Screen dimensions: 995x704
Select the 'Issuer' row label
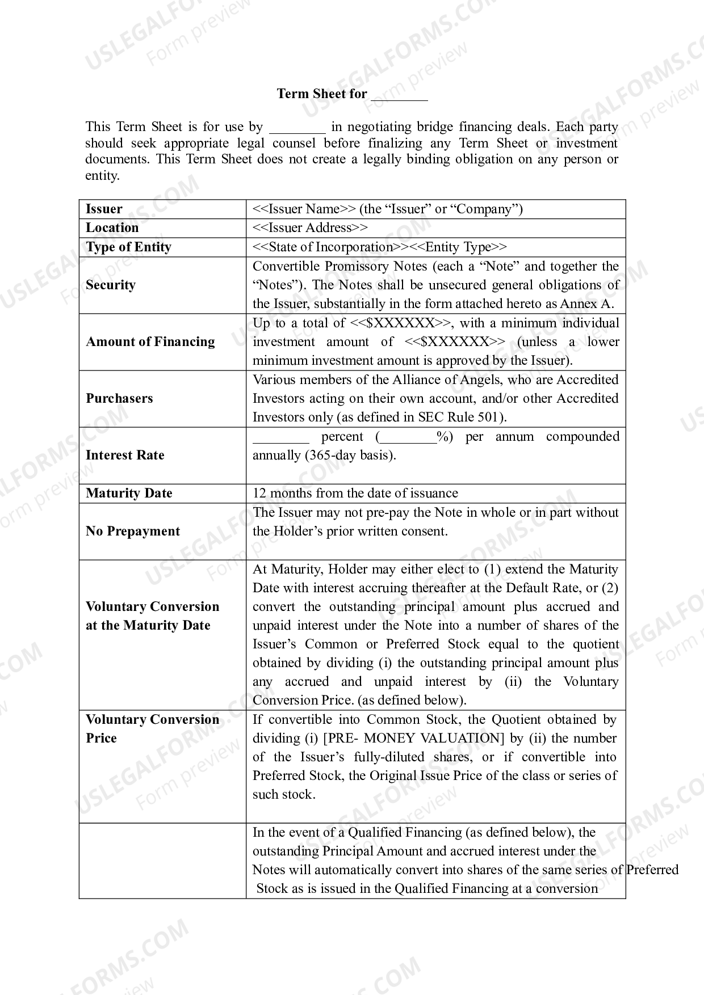104,209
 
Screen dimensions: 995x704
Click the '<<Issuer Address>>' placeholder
310,228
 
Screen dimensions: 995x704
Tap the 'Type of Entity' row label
128,247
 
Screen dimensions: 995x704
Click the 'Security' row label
111,285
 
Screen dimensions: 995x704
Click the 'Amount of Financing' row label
150,341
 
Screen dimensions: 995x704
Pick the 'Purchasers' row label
119,398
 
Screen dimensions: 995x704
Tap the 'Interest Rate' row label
125,455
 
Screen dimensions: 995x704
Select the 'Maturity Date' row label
129,493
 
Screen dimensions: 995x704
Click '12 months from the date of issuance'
355,494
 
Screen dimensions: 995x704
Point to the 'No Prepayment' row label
133,531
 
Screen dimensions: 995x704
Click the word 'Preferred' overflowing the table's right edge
652,870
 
